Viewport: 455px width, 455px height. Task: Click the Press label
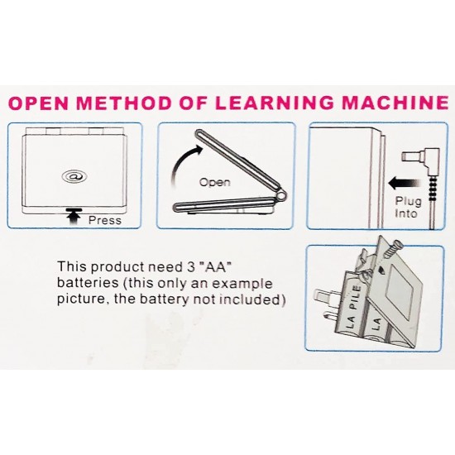[x=104, y=221]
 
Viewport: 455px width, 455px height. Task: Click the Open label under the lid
[x=214, y=181]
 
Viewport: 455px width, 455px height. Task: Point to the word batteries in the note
[x=86, y=284]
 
